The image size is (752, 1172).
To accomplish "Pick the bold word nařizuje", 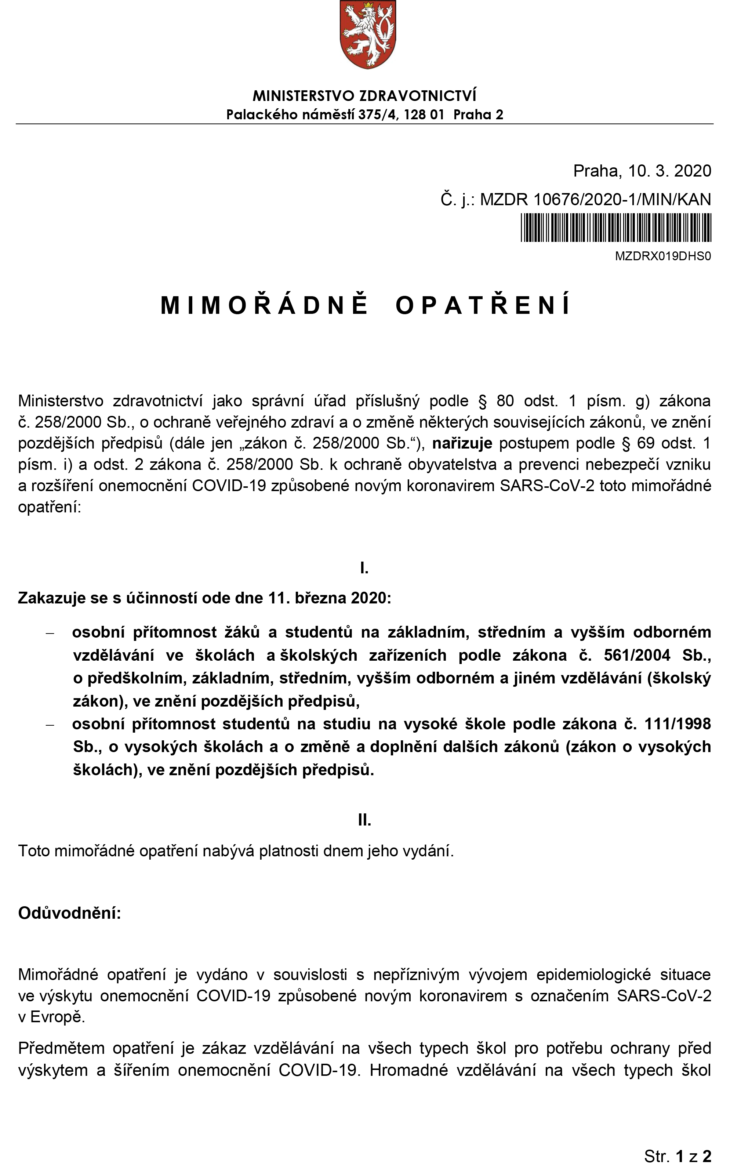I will click(x=462, y=443).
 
